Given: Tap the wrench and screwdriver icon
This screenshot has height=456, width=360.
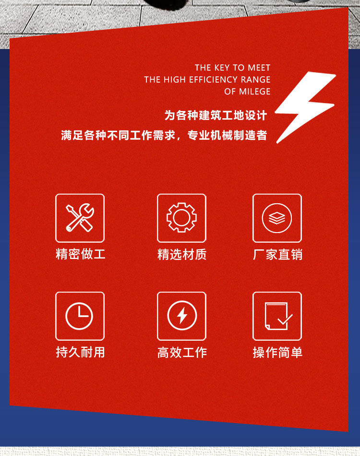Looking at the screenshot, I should click(x=80, y=218).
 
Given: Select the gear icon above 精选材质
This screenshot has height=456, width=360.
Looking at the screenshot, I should click(x=181, y=218).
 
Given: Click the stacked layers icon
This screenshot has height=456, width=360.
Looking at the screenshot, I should click(x=277, y=218).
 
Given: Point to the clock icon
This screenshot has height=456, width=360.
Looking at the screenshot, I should click(x=80, y=316).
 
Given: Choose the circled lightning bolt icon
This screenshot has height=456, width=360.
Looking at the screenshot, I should click(x=181, y=316).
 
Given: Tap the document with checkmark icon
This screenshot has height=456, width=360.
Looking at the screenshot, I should click(x=277, y=316).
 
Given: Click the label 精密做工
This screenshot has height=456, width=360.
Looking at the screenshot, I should click(x=80, y=254).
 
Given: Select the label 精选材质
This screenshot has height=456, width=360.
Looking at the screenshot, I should click(x=182, y=254).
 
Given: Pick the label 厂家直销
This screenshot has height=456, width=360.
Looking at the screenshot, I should click(x=277, y=254).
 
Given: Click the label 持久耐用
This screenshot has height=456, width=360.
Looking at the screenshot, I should click(x=80, y=352).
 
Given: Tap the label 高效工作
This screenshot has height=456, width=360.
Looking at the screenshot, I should click(x=182, y=352).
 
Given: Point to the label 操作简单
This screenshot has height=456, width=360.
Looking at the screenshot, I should click(x=277, y=352).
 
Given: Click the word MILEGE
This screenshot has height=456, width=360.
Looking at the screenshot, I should click(x=253, y=91).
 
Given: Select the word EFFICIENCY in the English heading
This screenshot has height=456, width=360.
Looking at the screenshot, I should click(x=213, y=80).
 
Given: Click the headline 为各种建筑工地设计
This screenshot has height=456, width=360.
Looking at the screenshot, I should click(x=216, y=115).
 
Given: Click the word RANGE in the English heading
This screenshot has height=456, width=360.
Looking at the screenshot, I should click(x=256, y=80).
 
